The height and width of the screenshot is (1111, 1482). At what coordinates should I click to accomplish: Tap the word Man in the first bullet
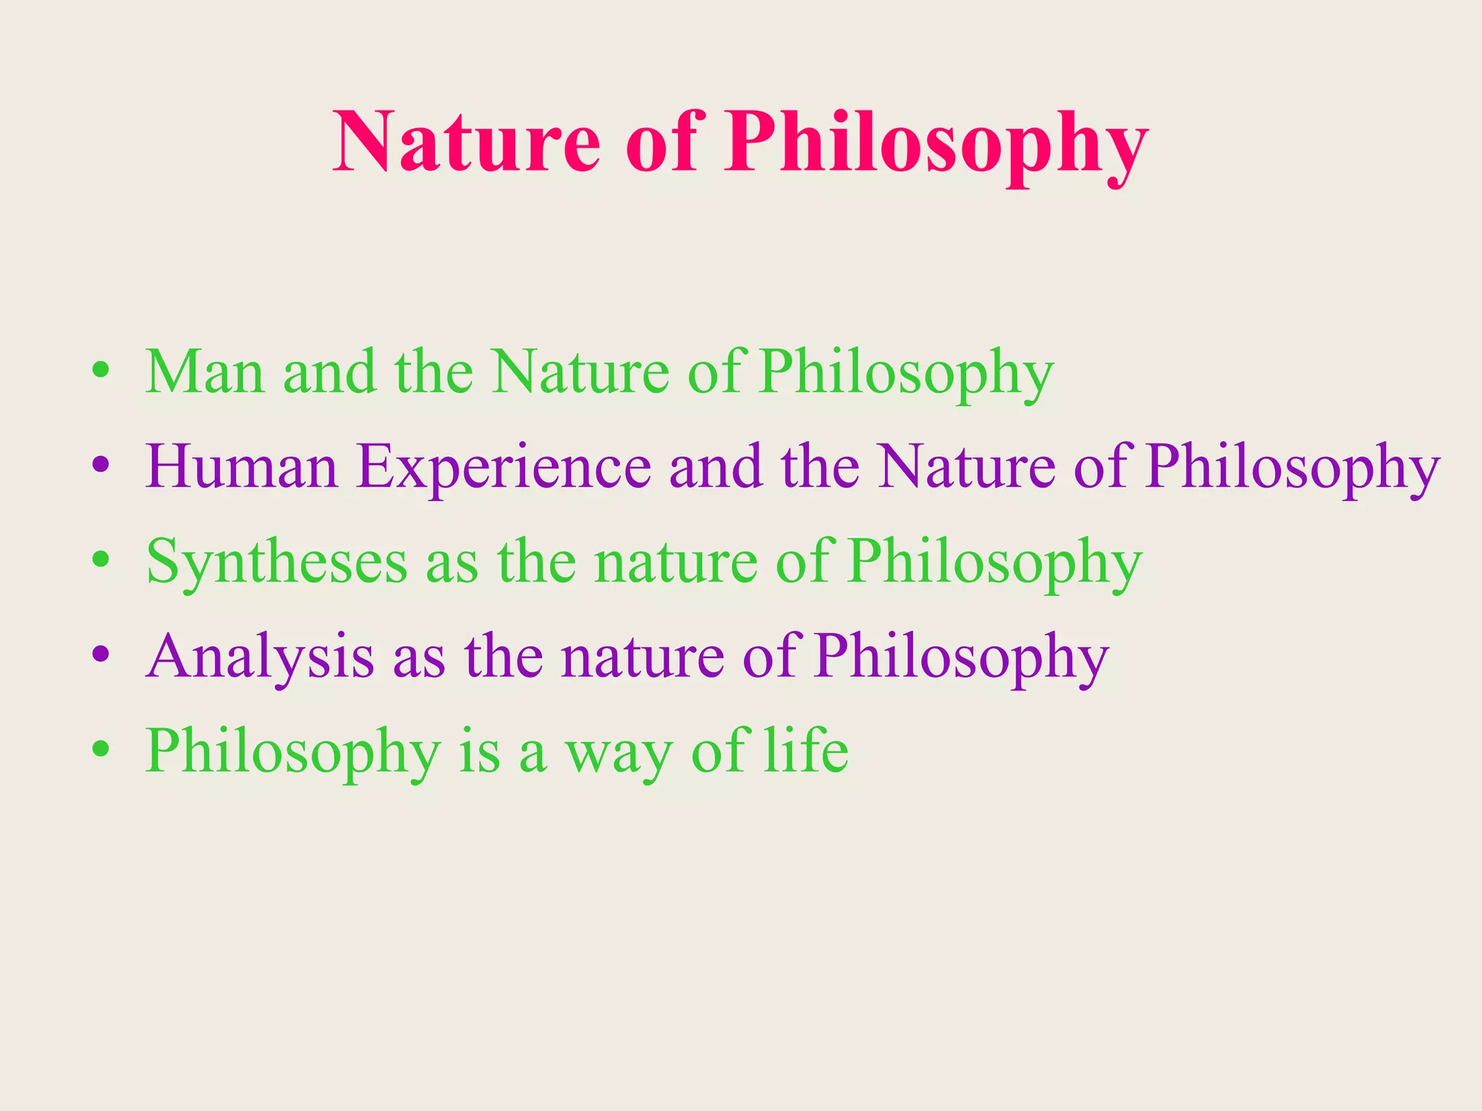[205, 372]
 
